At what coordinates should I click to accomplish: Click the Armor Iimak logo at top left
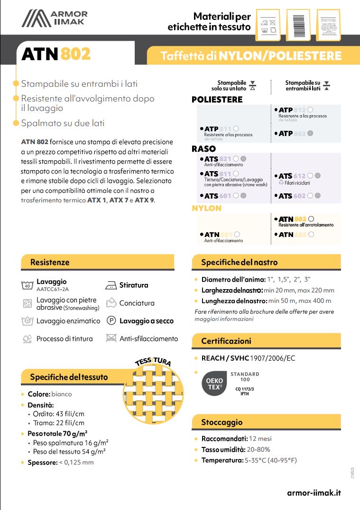click(x=55, y=19)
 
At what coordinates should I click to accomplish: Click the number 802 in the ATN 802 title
click(x=75, y=55)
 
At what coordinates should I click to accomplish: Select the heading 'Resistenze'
click(x=50, y=262)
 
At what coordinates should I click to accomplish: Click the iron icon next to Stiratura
click(x=111, y=285)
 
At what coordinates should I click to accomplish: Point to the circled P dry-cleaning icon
click(x=111, y=321)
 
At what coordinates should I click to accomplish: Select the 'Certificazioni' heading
click(x=226, y=341)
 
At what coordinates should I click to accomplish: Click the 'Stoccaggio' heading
click(x=222, y=422)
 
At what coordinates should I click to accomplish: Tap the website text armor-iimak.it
click(x=314, y=492)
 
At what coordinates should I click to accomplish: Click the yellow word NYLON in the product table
click(x=206, y=208)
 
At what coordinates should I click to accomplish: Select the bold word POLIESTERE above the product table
click(x=217, y=100)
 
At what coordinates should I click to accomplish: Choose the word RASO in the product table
click(x=203, y=149)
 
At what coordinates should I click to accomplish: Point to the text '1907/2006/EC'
click(x=272, y=358)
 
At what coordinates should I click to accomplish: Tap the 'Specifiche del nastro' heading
click(x=239, y=262)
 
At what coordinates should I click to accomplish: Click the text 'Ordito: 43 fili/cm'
click(x=58, y=414)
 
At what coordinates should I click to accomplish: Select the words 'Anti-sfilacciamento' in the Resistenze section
click(x=148, y=338)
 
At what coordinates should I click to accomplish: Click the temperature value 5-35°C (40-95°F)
click(x=270, y=460)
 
